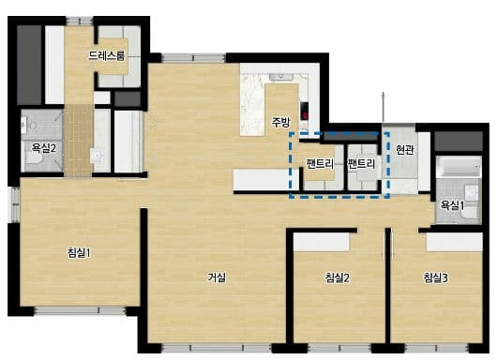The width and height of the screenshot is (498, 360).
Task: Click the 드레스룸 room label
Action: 106,55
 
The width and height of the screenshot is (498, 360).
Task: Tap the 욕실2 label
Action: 43,148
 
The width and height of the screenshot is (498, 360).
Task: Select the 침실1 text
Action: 79,253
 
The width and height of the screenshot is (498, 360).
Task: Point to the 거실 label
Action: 217,277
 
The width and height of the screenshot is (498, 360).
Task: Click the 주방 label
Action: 280,122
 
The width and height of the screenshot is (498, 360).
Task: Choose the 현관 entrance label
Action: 405,149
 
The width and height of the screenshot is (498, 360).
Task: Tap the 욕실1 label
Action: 452,205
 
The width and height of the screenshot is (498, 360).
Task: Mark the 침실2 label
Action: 338,277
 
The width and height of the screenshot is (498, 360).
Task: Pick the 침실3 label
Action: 435,277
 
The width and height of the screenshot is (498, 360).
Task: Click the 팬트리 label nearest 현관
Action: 361,164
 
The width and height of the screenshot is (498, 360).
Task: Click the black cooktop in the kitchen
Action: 304,111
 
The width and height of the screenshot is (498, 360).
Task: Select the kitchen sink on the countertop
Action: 281,77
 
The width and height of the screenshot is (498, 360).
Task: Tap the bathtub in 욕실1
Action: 459,167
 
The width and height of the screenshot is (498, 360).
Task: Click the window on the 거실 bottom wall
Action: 217,348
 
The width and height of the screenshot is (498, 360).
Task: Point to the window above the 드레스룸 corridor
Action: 80,21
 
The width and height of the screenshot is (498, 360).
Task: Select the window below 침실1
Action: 80,311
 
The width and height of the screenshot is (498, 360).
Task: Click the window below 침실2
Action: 340,348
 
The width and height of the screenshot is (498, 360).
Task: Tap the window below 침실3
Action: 437,348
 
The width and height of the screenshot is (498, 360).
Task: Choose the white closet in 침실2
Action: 321,242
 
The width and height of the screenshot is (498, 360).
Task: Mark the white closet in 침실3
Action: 455,242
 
